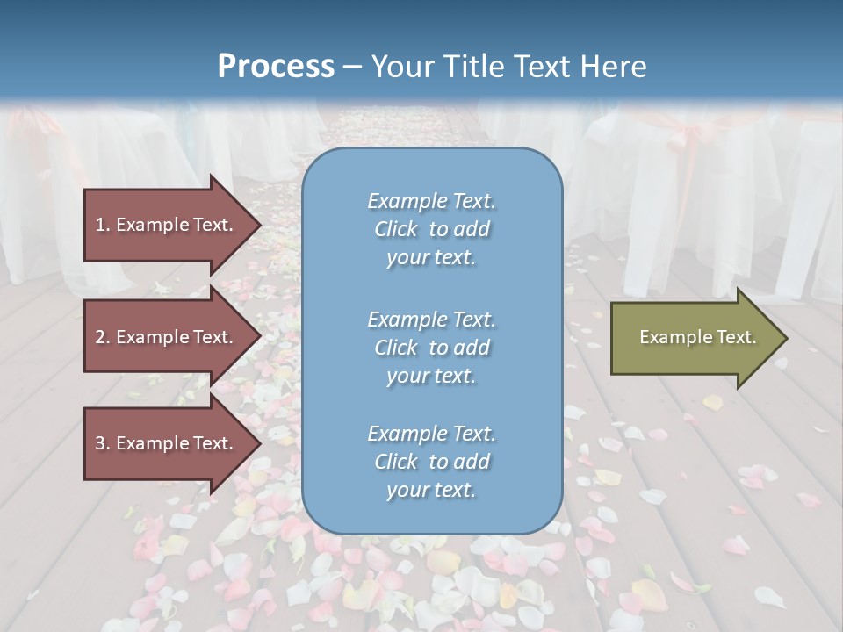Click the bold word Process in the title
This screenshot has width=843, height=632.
click(x=276, y=66)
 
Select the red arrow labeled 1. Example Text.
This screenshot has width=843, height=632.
click(x=164, y=225)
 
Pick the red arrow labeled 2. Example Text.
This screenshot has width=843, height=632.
click(x=164, y=337)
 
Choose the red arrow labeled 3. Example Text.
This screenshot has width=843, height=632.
click(x=164, y=443)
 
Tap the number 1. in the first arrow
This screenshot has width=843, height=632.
click(x=103, y=225)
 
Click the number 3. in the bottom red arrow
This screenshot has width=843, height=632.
click(x=103, y=443)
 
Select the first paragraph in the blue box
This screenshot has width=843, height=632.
click(x=431, y=229)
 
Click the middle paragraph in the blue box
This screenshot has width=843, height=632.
click(x=431, y=348)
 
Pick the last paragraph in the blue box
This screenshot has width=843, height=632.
click(x=431, y=462)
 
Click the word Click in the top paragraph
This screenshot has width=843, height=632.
click(x=395, y=229)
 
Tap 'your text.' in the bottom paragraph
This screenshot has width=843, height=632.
click(x=431, y=490)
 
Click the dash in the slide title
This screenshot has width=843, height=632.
click(x=352, y=67)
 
